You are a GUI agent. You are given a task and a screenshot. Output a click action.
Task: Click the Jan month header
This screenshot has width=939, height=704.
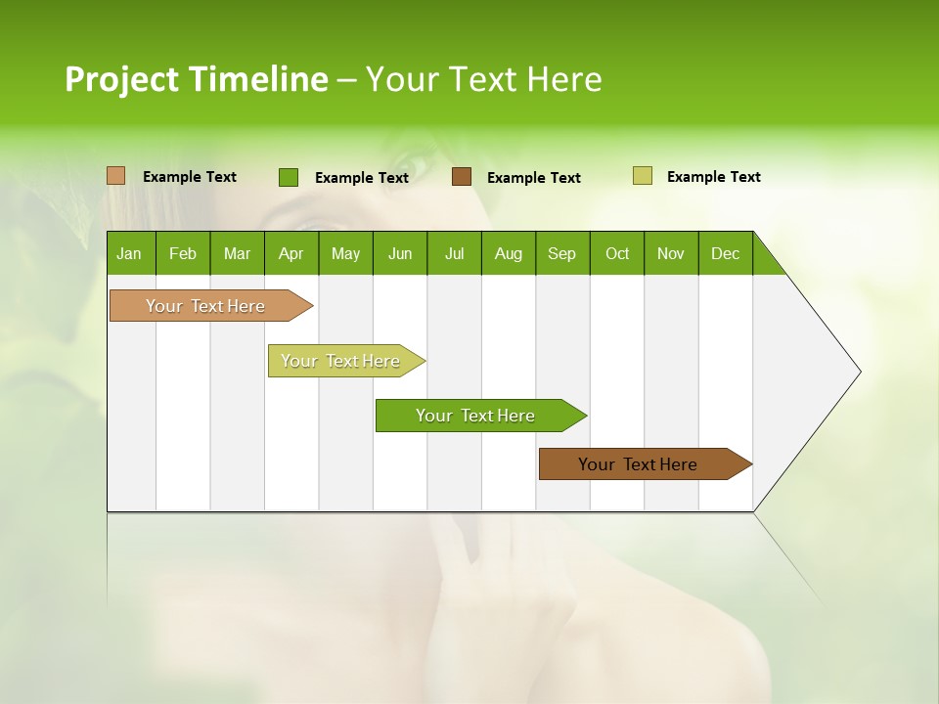tap(130, 253)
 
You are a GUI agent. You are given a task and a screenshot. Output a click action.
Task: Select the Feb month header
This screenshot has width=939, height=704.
tap(183, 253)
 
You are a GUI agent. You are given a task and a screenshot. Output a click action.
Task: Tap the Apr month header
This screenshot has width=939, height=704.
tap(291, 253)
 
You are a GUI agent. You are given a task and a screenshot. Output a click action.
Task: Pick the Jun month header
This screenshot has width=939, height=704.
tap(400, 253)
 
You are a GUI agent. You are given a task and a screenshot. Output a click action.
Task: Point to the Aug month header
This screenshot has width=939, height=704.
tap(509, 253)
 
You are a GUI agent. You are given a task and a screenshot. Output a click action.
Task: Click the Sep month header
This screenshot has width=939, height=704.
tap(562, 253)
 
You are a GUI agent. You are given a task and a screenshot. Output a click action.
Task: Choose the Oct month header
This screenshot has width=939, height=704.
tap(617, 253)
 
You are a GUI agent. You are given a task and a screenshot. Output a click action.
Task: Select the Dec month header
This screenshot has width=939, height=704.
tap(726, 253)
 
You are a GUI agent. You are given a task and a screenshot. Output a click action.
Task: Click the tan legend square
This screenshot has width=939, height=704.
tap(116, 176)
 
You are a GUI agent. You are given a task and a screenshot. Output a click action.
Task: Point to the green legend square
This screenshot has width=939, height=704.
tap(289, 177)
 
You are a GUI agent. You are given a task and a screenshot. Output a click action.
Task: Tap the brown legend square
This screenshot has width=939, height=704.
tap(462, 177)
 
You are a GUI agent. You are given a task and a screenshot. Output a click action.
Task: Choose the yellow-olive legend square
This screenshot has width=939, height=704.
tap(642, 176)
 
